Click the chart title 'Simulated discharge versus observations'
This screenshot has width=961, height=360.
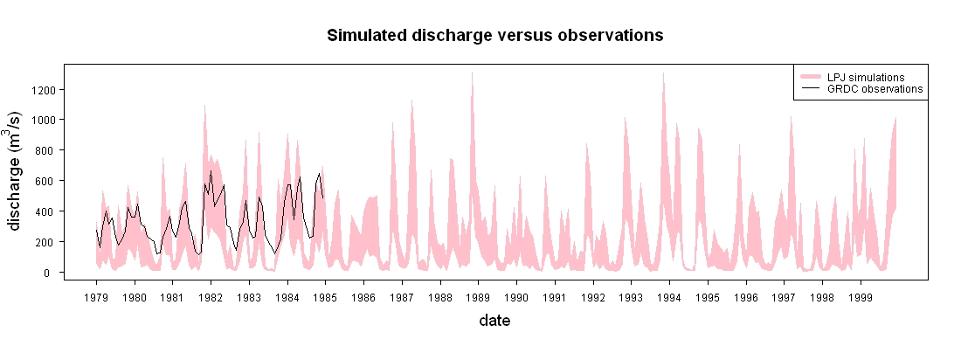tap(494, 36)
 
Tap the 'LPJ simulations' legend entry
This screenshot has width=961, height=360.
tap(866, 77)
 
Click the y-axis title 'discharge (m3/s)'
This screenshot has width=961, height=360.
tap(17, 170)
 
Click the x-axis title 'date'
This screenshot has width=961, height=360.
tap(494, 320)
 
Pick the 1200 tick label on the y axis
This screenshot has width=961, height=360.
tap(44, 89)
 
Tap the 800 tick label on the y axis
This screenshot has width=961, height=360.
tap(46, 150)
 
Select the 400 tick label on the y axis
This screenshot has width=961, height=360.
tap(46, 211)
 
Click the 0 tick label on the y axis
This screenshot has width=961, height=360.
tap(52, 273)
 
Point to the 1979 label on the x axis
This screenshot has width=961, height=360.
tap(96, 297)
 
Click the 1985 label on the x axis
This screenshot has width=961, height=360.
tap(326, 297)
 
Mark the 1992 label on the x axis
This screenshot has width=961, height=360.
tap(593, 297)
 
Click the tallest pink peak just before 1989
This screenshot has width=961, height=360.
tap(472, 73)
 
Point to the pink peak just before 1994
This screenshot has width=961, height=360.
tap(663, 73)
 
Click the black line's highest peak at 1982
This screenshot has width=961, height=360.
tap(211, 171)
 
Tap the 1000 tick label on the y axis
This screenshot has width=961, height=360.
tap(44, 120)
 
